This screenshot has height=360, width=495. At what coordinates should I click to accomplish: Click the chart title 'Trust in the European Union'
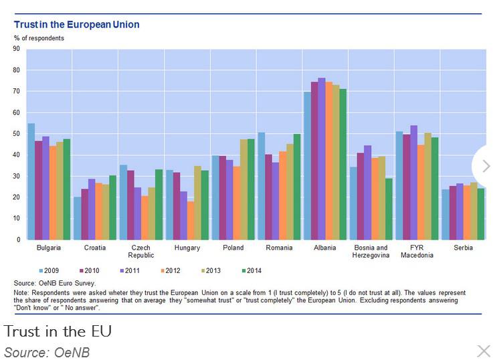(x=77, y=25)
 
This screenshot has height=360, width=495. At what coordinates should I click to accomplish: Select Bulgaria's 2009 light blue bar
(x=31, y=181)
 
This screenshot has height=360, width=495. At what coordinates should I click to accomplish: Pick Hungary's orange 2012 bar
(x=191, y=220)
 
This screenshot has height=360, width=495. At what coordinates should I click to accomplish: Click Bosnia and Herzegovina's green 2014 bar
(x=389, y=209)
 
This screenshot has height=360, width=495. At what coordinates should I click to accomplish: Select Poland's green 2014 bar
(x=251, y=189)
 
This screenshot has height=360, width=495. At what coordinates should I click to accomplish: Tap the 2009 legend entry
(x=50, y=270)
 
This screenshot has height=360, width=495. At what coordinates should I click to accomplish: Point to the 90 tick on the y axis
(x=16, y=49)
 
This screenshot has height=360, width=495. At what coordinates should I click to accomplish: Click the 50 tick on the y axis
(x=16, y=134)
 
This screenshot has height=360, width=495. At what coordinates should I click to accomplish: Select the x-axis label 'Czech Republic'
(x=142, y=251)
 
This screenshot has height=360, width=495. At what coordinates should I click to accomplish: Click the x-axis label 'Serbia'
(x=463, y=248)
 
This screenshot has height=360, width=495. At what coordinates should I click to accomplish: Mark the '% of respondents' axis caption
(x=39, y=38)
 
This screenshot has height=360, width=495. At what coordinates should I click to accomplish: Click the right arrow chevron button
(x=486, y=166)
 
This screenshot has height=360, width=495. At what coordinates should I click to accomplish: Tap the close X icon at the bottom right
(x=483, y=351)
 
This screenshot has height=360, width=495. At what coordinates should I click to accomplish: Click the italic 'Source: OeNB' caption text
(x=47, y=351)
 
